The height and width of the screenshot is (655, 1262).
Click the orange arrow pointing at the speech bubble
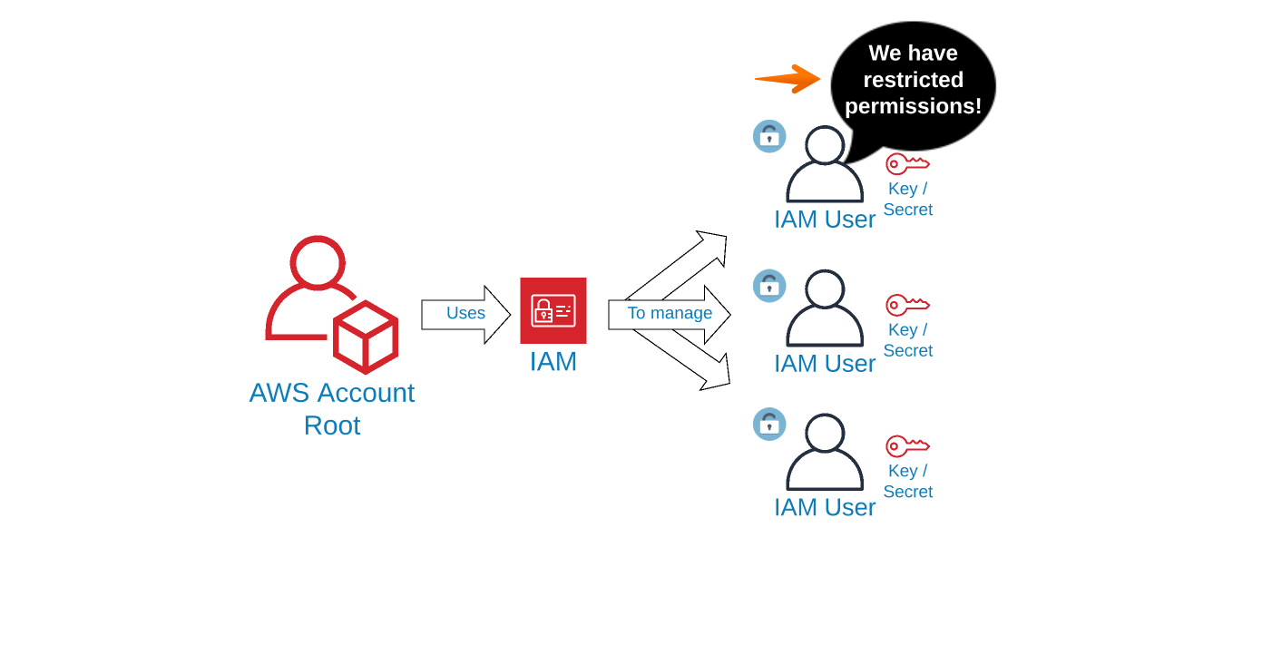[x=788, y=79]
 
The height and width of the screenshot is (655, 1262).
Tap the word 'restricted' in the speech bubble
[x=913, y=80]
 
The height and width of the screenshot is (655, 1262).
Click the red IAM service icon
[x=553, y=310]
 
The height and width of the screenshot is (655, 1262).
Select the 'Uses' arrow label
[x=465, y=313]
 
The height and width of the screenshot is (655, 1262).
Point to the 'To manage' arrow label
[x=670, y=313]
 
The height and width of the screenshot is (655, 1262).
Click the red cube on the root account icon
[x=366, y=337]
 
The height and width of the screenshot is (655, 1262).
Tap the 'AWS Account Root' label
[x=332, y=408]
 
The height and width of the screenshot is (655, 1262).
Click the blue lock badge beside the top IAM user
[x=769, y=136]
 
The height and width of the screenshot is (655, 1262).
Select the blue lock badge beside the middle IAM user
[x=769, y=286]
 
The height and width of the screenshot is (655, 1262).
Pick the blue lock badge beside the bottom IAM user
[x=769, y=424]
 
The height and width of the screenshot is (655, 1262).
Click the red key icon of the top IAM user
[x=907, y=163]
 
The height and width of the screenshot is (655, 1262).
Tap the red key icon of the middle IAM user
[x=907, y=305]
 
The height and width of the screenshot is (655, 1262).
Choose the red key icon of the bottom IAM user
[x=907, y=445]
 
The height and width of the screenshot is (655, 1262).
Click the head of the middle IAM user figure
[x=825, y=288]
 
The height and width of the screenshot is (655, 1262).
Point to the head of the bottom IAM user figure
[x=825, y=433]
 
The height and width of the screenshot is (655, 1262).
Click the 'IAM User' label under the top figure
[x=825, y=220]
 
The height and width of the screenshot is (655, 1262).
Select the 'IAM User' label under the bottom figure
[x=825, y=507]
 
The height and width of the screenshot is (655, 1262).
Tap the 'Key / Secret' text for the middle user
[x=908, y=340]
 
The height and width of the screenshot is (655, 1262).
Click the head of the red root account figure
[x=318, y=262]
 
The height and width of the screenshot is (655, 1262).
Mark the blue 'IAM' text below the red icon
[x=553, y=361]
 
